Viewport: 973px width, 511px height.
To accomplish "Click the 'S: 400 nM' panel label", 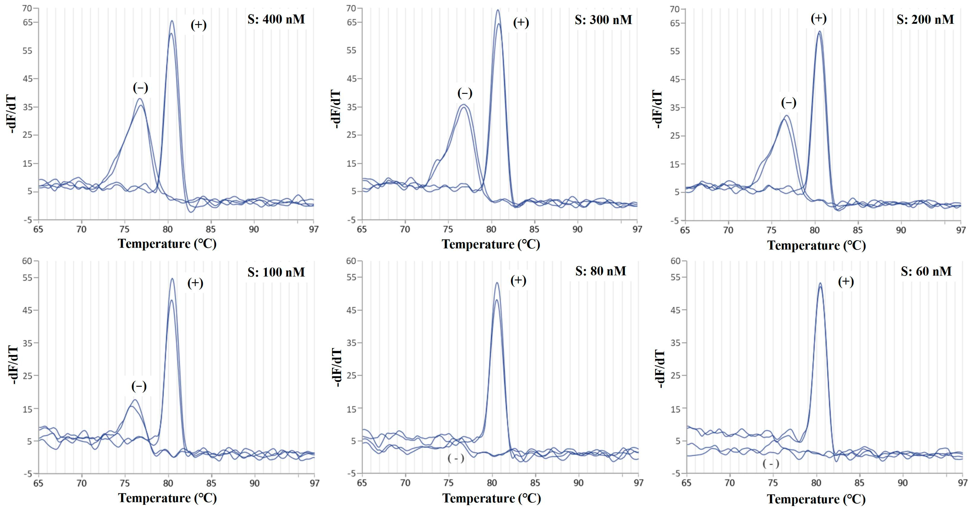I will click(276, 19).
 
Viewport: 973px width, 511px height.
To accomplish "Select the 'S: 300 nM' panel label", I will click(603, 20).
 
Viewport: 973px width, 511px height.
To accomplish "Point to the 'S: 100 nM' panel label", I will click(276, 272).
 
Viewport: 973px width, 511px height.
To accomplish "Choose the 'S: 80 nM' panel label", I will click(600, 271).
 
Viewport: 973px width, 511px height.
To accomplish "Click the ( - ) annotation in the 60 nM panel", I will click(771, 464).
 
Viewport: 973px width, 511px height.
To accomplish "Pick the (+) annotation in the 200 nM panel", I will click(819, 18).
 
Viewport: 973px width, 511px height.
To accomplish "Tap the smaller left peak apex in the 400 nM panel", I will click(140, 99).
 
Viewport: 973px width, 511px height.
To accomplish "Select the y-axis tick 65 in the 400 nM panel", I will click(28, 22).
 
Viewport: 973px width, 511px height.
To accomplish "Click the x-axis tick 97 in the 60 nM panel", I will click(962, 483).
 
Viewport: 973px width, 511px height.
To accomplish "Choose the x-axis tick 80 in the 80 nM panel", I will click(492, 483).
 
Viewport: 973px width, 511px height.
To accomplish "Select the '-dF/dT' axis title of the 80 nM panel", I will click(337, 368).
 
